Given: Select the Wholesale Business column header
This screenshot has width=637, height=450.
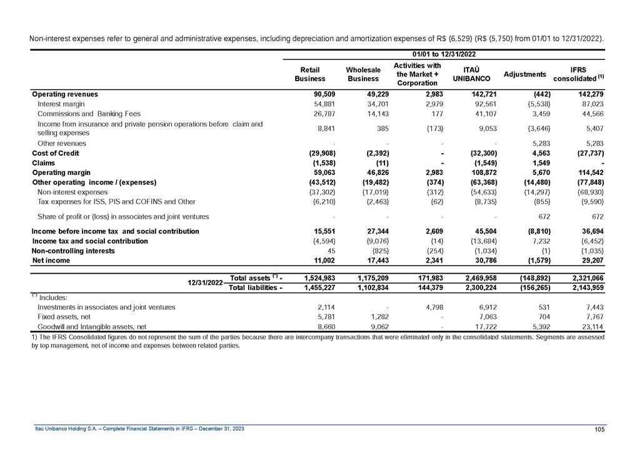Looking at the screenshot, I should (363, 74).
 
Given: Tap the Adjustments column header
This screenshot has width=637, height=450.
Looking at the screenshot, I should (524, 74).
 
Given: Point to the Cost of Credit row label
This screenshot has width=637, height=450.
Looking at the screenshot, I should (56, 153).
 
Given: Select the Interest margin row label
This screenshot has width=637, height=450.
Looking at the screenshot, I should (61, 104).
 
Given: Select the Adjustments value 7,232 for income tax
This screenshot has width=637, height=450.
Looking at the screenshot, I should (539, 241).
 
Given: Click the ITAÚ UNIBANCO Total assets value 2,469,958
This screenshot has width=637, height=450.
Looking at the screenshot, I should (478, 277).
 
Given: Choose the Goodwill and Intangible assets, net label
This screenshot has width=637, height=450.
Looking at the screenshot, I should (92, 326).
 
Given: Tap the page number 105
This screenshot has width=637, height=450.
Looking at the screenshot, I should (599, 428).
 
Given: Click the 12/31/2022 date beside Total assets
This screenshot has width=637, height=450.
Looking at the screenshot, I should (206, 282).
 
